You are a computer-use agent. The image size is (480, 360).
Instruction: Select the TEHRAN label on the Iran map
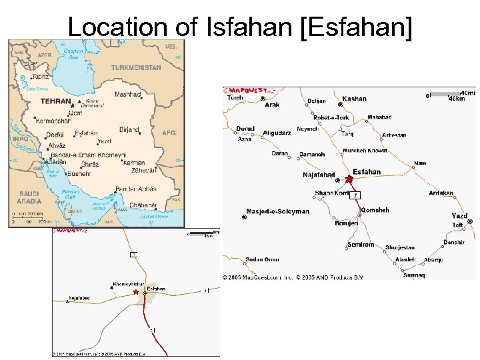tap(55, 101)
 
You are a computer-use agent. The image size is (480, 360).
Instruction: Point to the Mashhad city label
tap(127, 95)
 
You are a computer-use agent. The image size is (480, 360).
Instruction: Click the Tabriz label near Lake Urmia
tap(41, 77)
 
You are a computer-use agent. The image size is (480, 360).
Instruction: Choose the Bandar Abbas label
tap(135, 189)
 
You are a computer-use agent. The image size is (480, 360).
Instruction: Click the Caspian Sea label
tap(73, 54)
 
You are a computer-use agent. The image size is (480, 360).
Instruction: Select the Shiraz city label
tap(89, 164)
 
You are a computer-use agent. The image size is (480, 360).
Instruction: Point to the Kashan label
tap(355, 99)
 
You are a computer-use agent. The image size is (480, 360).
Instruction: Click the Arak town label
tap(272, 105)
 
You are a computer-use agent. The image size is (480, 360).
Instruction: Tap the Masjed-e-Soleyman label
tap(279, 211)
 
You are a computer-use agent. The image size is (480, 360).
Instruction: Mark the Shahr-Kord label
tap(332, 193)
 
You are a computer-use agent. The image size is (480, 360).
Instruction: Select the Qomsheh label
tap(374, 210)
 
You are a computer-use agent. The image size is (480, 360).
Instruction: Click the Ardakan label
tap(441, 193)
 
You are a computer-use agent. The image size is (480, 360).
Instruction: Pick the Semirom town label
tap(361, 245)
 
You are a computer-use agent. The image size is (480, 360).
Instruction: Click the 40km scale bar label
tap(457, 99)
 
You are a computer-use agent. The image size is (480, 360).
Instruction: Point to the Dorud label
tap(245, 128)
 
